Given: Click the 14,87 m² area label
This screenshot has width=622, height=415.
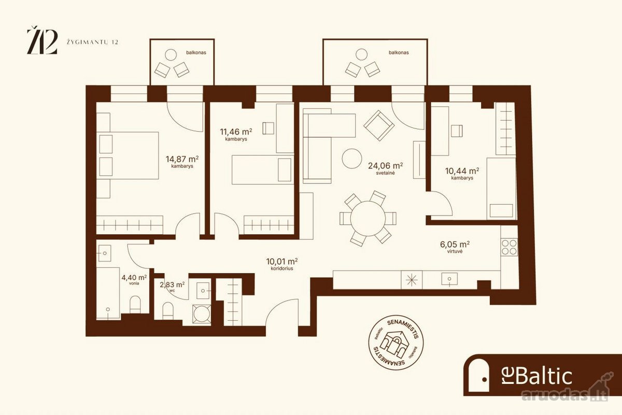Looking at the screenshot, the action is click(x=182, y=160).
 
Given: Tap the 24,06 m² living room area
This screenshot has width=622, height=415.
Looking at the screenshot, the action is click(x=386, y=166).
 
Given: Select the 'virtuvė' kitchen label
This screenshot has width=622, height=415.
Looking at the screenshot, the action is click(x=455, y=251).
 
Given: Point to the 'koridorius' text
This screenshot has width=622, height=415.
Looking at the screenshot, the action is click(x=282, y=268).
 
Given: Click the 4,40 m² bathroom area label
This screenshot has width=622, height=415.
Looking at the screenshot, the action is click(x=134, y=277).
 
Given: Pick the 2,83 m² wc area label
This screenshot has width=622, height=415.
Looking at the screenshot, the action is click(x=172, y=284).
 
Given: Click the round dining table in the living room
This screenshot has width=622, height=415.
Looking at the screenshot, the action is click(x=368, y=219).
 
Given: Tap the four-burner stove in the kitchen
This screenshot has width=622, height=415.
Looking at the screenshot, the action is click(x=509, y=247).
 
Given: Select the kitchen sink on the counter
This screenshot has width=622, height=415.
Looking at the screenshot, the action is click(x=449, y=279).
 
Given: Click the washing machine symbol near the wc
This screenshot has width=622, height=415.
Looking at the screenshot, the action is click(x=202, y=314).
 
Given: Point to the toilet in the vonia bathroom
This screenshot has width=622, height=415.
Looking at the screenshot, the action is click(x=135, y=305).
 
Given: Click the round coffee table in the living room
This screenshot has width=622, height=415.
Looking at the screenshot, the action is click(x=352, y=159).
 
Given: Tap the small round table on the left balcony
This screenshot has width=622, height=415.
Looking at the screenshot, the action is click(x=171, y=55).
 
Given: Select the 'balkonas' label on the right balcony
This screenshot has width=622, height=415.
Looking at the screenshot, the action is click(x=399, y=52).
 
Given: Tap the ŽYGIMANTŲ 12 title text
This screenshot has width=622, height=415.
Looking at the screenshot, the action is click(x=92, y=42).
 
